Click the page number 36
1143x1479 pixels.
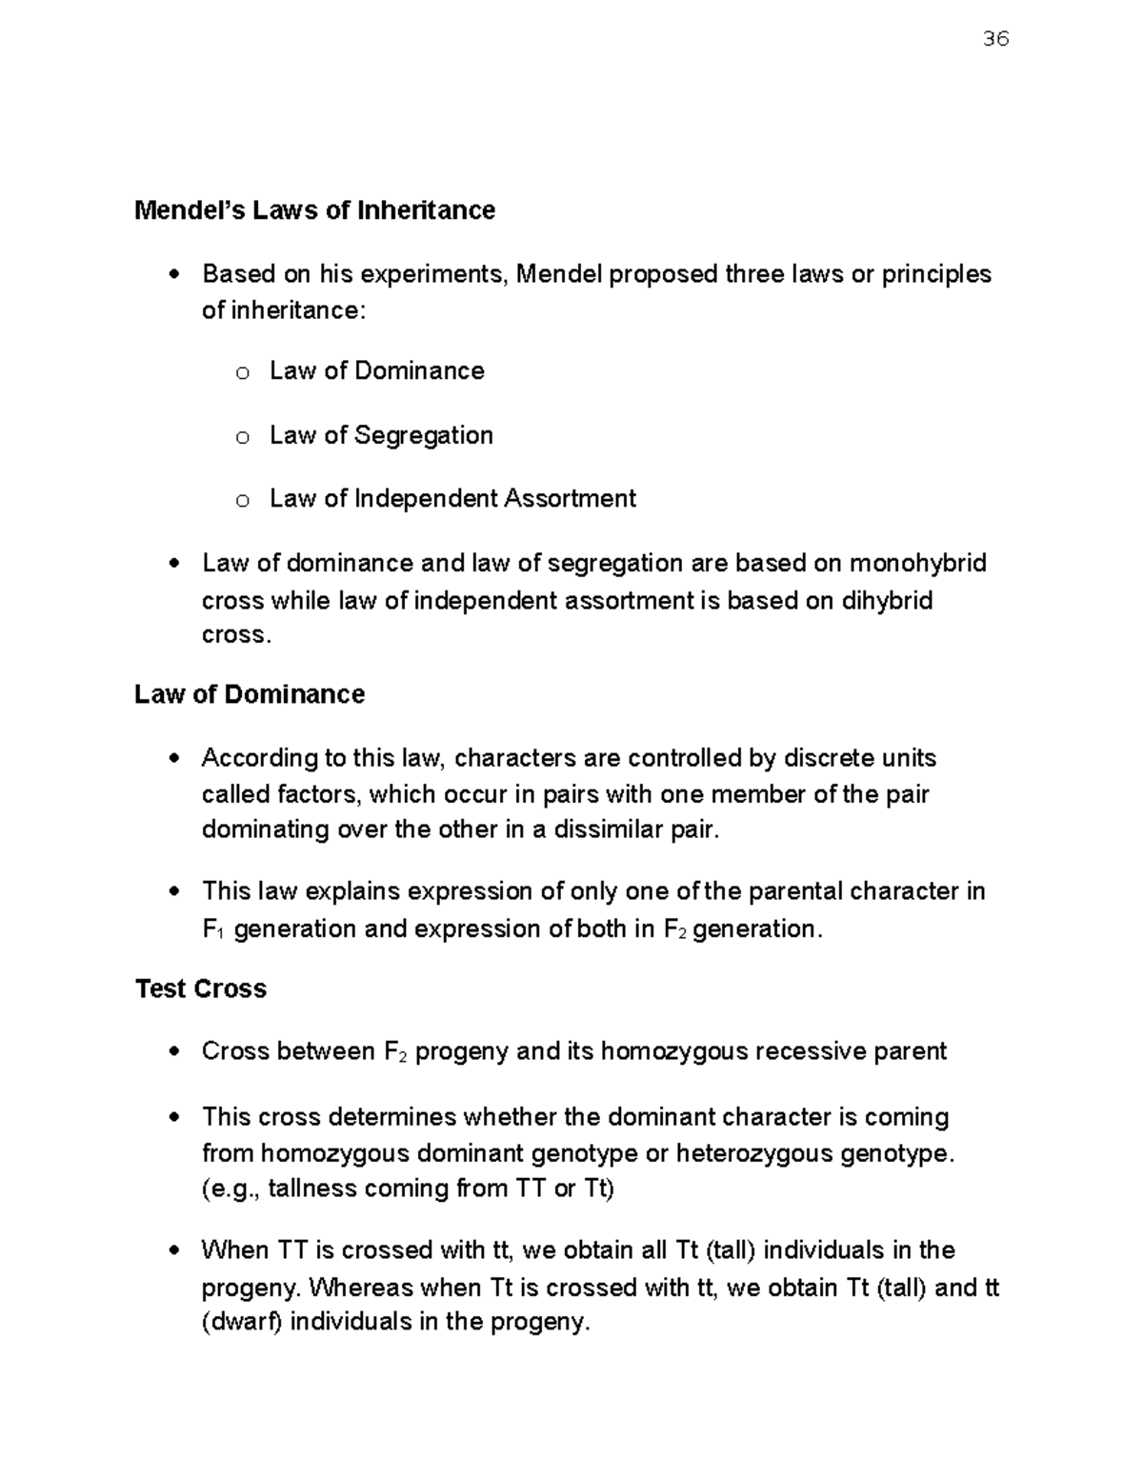(x=994, y=39)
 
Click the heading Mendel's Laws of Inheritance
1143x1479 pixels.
(x=314, y=210)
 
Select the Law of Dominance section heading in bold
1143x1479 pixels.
(x=250, y=694)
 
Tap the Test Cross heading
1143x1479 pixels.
(x=201, y=989)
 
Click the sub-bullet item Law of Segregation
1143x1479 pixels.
(x=381, y=435)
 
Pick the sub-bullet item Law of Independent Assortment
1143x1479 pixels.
(x=452, y=499)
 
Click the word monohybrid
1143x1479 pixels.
(x=917, y=564)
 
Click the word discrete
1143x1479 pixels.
(x=829, y=758)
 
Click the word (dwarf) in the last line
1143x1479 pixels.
(x=242, y=1323)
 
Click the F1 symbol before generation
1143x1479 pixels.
(x=211, y=929)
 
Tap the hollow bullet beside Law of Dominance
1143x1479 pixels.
(x=243, y=373)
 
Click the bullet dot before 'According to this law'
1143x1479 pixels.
(x=173, y=759)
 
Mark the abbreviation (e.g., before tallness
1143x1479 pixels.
(x=231, y=1189)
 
